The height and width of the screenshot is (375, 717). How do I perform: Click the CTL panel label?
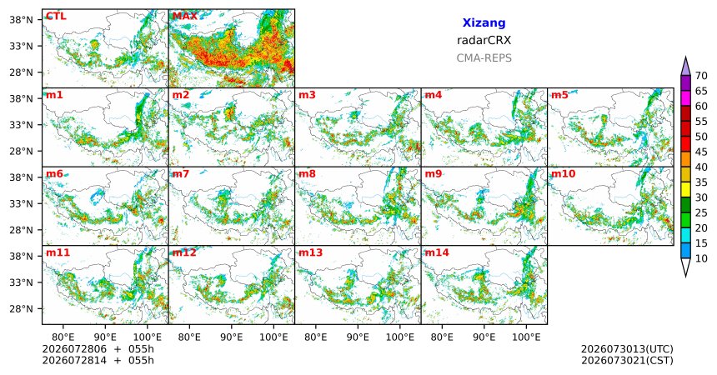56,17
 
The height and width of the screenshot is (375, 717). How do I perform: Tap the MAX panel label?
185,17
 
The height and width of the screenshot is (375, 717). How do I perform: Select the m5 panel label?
559,95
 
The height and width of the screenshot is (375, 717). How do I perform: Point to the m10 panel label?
563,174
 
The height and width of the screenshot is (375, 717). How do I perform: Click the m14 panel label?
437,252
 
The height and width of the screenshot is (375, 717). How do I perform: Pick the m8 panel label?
308,174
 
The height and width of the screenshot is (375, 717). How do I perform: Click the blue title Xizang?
484,22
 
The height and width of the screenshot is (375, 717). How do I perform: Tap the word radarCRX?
484,40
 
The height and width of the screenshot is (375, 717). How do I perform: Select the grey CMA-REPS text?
484,58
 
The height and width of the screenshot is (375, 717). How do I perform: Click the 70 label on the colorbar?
701,76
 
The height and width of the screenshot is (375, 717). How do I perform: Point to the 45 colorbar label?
701,152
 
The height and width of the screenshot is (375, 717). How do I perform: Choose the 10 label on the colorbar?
701,258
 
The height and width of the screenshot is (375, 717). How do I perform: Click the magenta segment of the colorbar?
685,98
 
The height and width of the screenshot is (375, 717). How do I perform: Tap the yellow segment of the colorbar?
685,190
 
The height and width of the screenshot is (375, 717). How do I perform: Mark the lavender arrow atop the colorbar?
685,67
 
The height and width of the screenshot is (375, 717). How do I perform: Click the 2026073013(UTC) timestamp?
627,349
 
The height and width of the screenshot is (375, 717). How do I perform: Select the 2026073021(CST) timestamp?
627,360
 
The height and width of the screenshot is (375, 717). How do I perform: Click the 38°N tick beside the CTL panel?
21,20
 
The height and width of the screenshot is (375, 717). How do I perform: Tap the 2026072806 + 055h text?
98,349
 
